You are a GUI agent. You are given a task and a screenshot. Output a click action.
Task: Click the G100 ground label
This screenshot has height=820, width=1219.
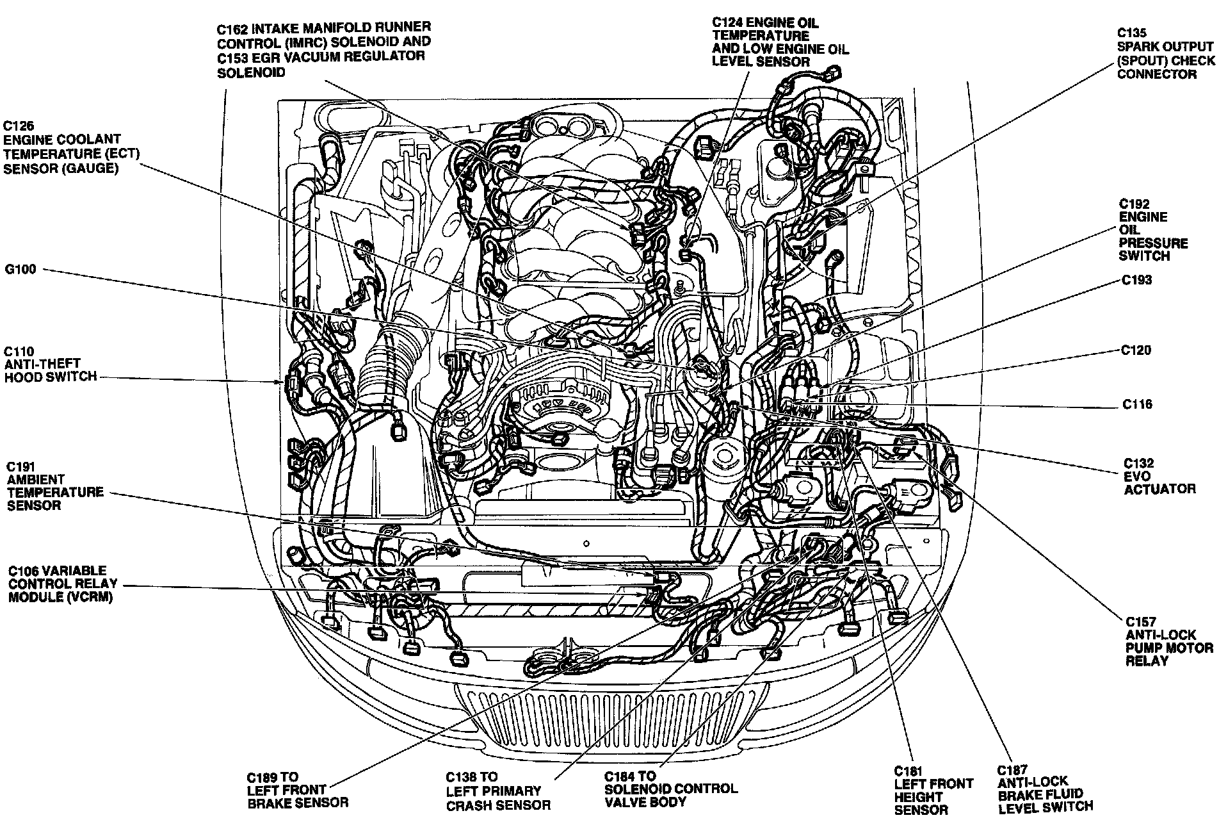click(20, 270)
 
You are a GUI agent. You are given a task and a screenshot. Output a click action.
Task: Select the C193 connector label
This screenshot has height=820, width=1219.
click(1136, 280)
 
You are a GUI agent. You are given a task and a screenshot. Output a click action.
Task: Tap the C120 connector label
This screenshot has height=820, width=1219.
click(1136, 350)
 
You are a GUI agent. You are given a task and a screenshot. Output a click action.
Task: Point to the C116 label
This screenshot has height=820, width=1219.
click(1136, 404)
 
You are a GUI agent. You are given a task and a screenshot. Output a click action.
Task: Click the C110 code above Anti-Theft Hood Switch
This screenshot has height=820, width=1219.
click(19, 352)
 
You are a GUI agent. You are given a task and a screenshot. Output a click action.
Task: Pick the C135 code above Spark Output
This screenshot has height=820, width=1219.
click(1132, 33)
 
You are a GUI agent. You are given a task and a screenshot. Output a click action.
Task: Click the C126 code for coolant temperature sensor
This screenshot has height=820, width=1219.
click(19, 126)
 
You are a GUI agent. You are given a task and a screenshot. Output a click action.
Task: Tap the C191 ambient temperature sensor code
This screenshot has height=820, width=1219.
click(20, 467)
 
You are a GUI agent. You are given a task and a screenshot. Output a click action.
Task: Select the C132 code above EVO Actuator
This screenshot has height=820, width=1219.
click(1139, 463)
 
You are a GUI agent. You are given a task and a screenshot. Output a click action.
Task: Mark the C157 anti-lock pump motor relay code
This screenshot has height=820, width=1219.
click(1141, 621)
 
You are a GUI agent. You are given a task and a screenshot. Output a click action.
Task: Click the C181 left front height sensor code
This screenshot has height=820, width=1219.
click(908, 771)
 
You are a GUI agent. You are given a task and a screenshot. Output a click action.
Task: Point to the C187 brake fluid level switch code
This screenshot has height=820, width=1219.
click(1012, 769)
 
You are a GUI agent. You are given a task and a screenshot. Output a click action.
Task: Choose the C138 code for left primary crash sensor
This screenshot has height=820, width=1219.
click(462, 777)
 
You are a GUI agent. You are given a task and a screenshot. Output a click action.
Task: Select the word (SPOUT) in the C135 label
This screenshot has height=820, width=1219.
click(1145, 61)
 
